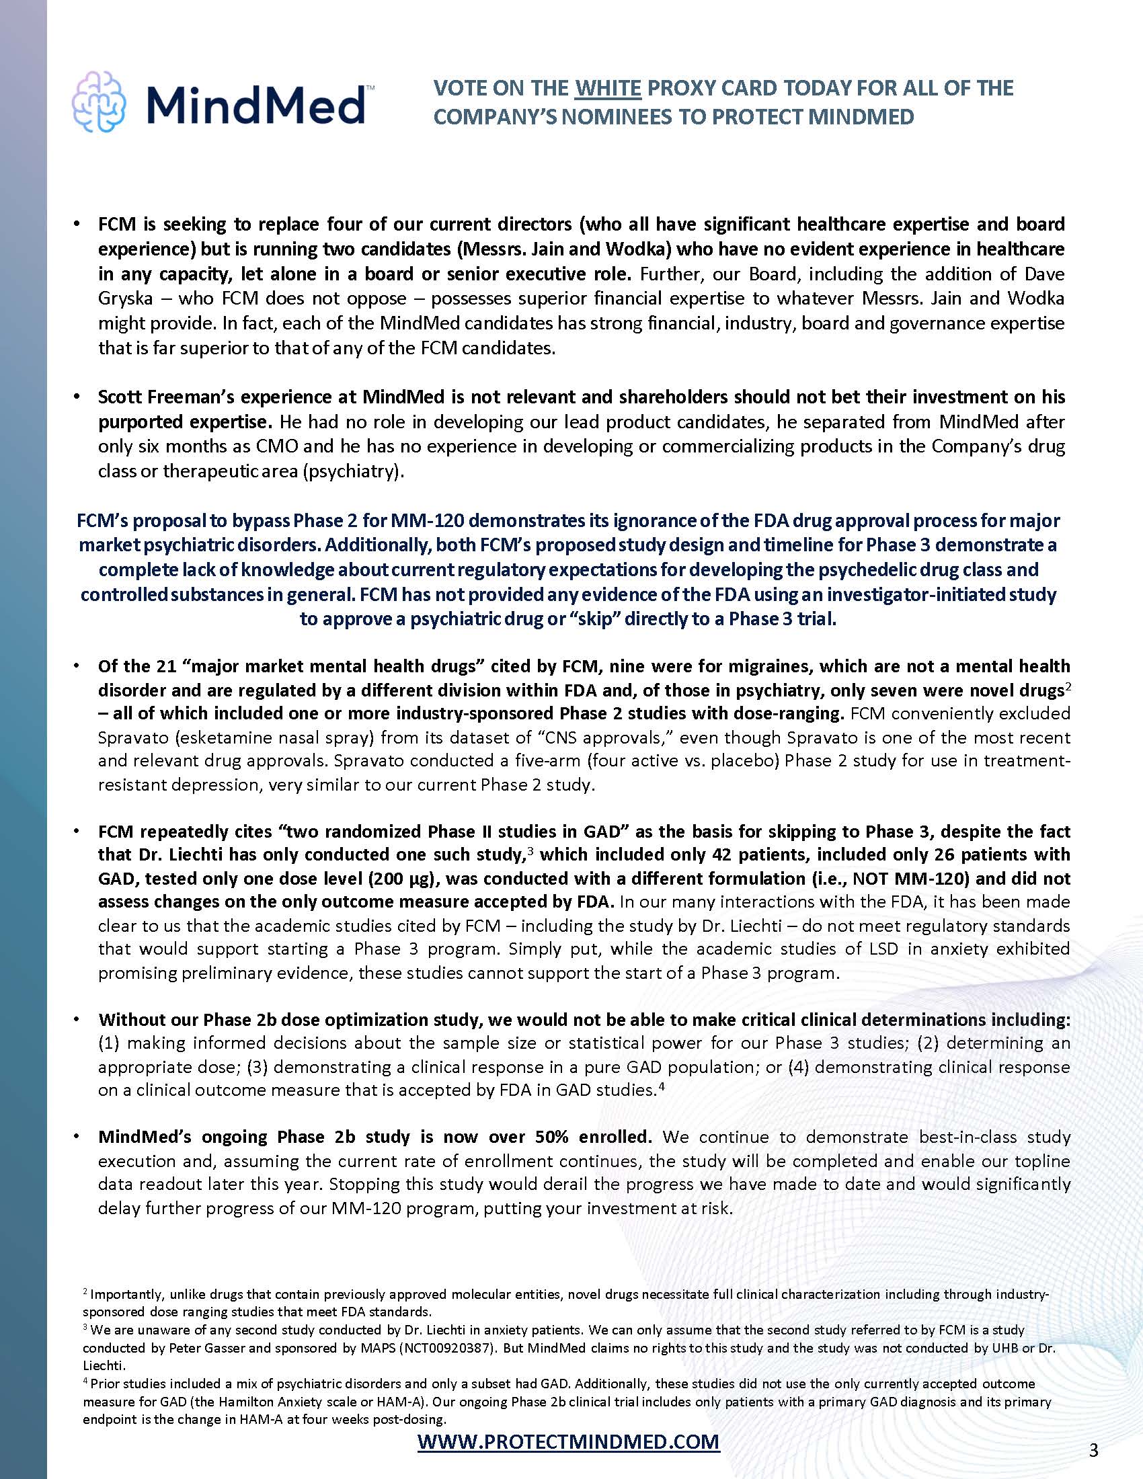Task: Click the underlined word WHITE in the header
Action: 607,88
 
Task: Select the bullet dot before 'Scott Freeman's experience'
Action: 79,397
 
